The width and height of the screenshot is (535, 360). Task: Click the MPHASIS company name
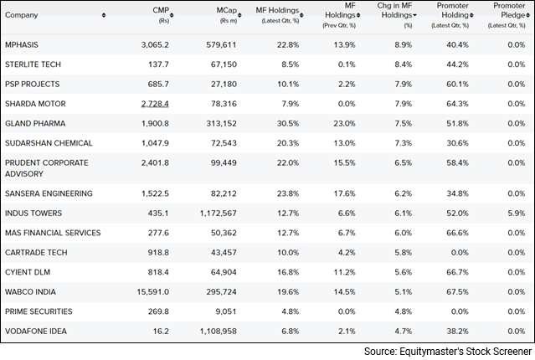[22, 44]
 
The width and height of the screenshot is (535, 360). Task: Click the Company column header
[23, 14]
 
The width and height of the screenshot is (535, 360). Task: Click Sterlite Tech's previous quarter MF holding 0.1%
[347, 64]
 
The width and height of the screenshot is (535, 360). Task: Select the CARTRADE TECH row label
[33, 252]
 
